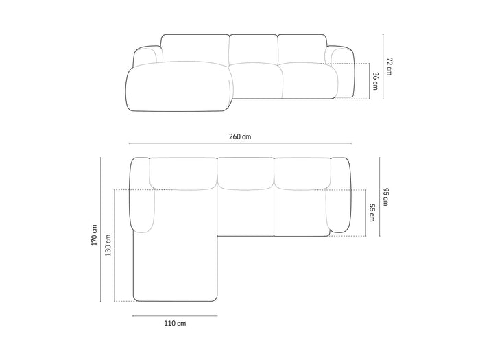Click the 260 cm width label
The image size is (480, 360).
tap(240, 136)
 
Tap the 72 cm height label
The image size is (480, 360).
tap(389, 66)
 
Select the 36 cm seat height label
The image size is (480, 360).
tap(375, 81)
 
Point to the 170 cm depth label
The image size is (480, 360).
tap(94, 235)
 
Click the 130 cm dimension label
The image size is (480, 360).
tap(108, 245)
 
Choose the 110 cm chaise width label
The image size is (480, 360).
tap(175, 323)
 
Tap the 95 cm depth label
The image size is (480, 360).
tap(385, 197)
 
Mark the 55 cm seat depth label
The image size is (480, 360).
tap(372, 213)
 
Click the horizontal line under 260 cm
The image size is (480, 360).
tap(240, 143)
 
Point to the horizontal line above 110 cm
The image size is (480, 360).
tap(175, 316)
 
